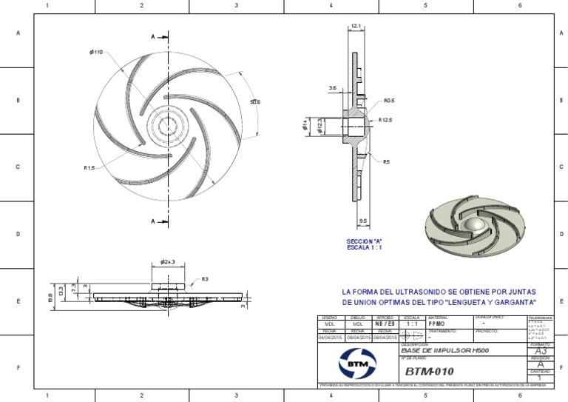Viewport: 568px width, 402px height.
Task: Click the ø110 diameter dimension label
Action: click(x=95, y=52)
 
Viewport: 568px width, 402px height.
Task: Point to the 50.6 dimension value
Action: click(x=254, y=101)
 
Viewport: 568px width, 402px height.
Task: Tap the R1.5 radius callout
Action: click(x=90, y=168)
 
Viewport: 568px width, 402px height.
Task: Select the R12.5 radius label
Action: click(x=386, y=118)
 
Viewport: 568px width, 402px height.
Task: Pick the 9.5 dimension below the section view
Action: click(x=363, y=221)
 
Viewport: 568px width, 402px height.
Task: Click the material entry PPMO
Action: click(x=437, y=324)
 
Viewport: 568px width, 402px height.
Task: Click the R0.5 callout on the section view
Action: click(x=388, y=101)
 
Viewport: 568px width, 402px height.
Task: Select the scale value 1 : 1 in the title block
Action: click(x=412, y=324)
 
